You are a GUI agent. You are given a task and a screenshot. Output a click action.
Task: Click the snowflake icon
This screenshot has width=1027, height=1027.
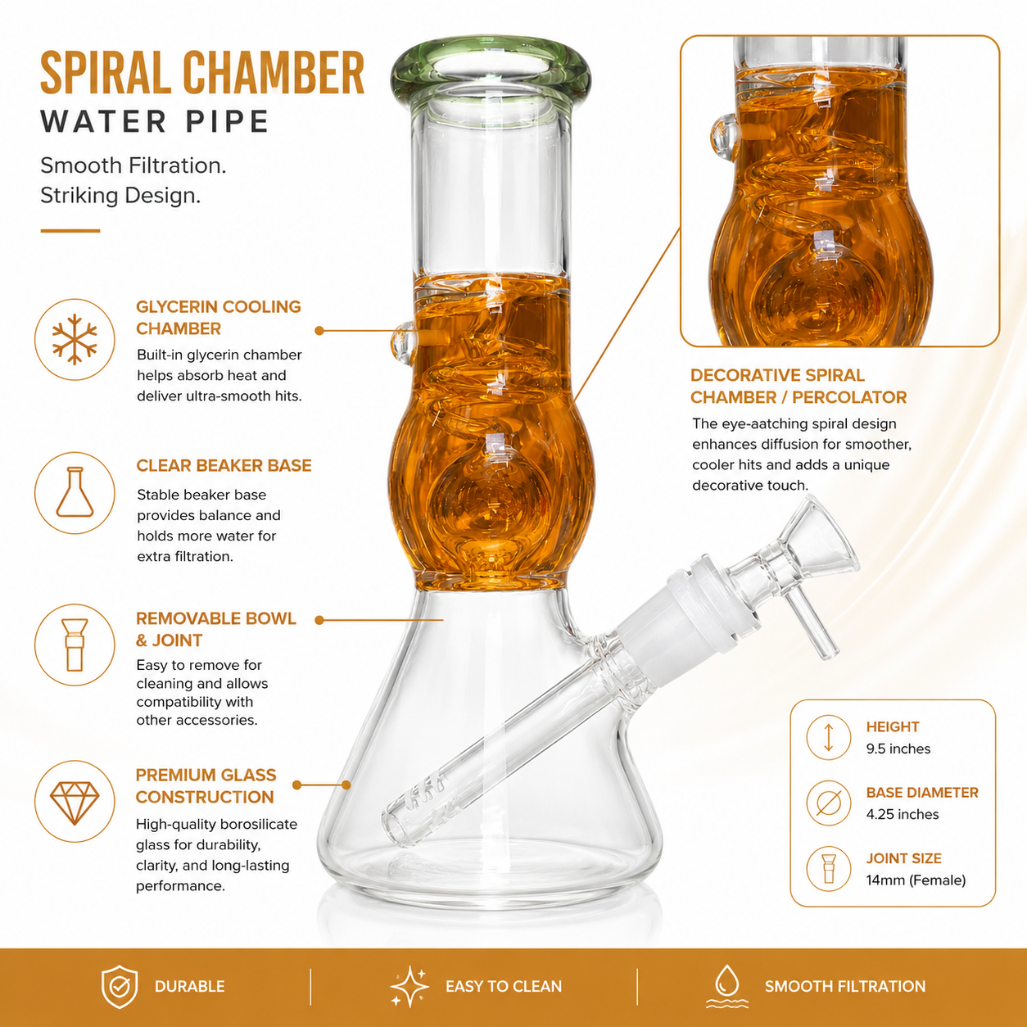point(75,339)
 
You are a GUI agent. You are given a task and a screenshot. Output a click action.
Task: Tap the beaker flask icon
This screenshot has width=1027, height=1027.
point(75,492)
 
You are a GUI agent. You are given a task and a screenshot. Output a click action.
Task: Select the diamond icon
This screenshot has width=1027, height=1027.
point(75,803)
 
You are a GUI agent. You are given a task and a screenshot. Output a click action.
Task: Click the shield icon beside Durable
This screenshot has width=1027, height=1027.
point(120,987)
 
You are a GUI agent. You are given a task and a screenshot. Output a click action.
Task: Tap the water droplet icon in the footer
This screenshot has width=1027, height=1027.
point(727,986)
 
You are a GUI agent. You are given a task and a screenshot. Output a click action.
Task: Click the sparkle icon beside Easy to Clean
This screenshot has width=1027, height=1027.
point(409,986)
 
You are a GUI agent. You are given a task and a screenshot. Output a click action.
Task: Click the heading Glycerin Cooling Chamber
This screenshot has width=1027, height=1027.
point(219,318)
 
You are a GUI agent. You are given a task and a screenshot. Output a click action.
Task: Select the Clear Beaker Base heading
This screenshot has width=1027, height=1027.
point(224,465)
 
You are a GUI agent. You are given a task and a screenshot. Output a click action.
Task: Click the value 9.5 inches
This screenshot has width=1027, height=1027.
point(898,749)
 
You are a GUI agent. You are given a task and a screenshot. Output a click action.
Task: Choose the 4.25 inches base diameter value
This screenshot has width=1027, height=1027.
point(903,814)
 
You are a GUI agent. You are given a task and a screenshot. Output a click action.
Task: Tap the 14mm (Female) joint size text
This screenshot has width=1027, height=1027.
point(916,880)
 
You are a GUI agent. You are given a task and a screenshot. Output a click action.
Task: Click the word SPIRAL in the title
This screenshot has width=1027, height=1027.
point(106,73)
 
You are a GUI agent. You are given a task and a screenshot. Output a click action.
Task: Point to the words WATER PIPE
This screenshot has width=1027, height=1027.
point(155,121)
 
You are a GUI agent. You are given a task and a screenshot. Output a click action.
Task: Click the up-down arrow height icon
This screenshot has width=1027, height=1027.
point(828,737)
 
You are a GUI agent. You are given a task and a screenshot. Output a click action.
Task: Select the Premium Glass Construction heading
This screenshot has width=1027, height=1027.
point(206,785)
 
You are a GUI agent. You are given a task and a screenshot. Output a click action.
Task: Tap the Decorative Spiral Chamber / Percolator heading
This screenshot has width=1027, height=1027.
point(799,387)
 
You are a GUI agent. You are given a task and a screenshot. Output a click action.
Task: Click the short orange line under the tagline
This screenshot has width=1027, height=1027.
point(70,231)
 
